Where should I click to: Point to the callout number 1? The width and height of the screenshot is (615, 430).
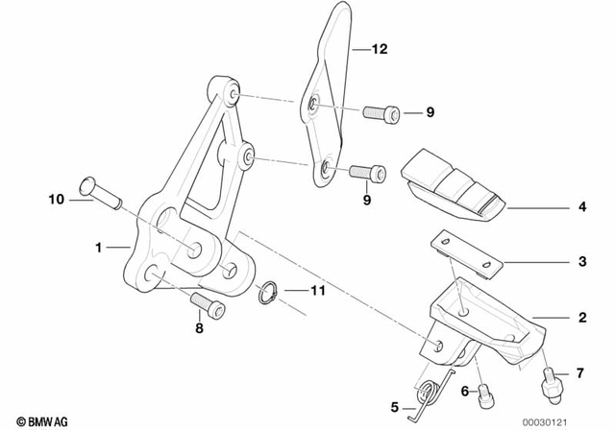pyautogui.click(x=98, y=247)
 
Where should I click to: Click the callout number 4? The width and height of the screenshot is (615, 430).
pyautogui.click(x=580, y=205)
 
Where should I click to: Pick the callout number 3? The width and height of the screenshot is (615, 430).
pyautogui.click(x=580, y=261)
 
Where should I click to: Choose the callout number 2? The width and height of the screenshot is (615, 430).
pyautogui.click(x=580, y=315)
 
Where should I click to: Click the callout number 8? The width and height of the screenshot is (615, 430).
pyautogui.click(x=199, y=328)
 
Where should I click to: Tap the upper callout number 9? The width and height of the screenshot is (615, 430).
pyautogui.click(x=430, y=113)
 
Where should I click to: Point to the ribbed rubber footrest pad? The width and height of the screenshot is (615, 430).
pyautogui.click(x=455, y=184)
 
